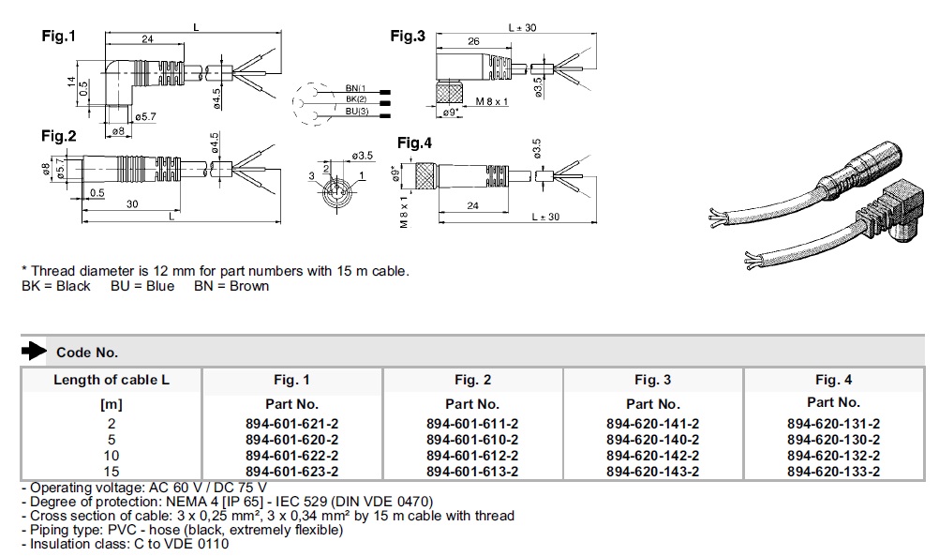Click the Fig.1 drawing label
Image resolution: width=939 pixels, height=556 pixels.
tap(59, 36)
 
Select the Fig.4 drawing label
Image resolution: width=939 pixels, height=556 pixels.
tap(414, 143)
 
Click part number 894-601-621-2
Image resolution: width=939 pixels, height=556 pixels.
tap(291, 424)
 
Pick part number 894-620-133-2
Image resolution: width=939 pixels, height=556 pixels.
tap(834, 472)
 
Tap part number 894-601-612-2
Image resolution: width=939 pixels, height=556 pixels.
tap(472, 456)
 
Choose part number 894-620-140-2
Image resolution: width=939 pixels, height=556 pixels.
tap(653, 439)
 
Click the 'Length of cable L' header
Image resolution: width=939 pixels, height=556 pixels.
tap(112, 380)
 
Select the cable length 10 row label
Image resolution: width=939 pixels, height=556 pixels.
tap(112, 456)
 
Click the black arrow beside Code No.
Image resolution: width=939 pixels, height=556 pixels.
tap(34, 351)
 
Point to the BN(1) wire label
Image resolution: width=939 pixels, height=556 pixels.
tap(356, 88)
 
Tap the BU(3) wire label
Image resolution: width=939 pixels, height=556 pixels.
tap(357, 112)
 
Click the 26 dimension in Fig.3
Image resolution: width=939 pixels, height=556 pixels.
tap(473, 41)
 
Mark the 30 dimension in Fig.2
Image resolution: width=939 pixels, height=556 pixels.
tap(132, 204)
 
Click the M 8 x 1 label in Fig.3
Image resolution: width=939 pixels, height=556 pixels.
tap(492, 102)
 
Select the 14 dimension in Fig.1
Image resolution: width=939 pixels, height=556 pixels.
tap(71, 83)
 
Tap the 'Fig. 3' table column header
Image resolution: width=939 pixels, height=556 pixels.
tap(653, 380)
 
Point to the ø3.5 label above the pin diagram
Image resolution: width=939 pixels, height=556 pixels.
tap(363, 156)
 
